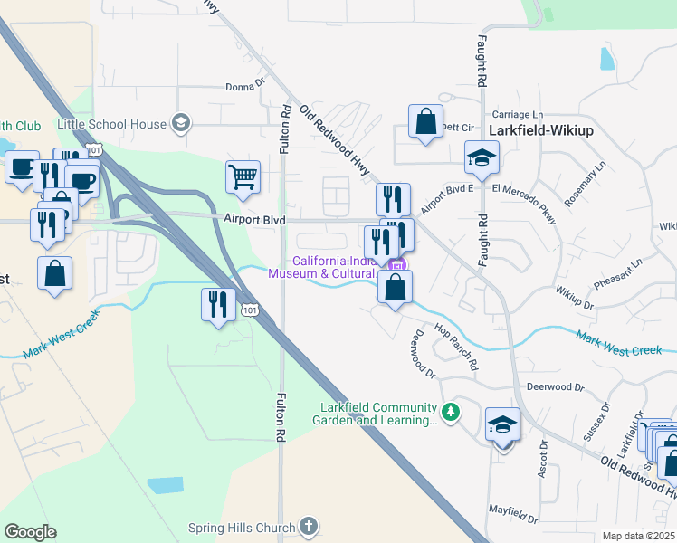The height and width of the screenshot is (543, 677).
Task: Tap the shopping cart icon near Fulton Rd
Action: click(x=243, y=177)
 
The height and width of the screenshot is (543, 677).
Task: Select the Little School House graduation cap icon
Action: click(x=181, y=124)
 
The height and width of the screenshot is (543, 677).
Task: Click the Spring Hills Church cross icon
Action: click(x=309, y=527)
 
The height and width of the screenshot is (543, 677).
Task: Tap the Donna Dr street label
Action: click(x=245, y=88)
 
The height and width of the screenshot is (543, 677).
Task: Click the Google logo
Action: click(x=30, y=532)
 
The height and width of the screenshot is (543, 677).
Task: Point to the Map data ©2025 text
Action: click(x=638, y=536)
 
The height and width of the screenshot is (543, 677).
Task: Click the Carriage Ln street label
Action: click(x=518, y=115)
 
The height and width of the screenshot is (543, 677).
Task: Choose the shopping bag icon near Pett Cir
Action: click(x=425, y=121)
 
